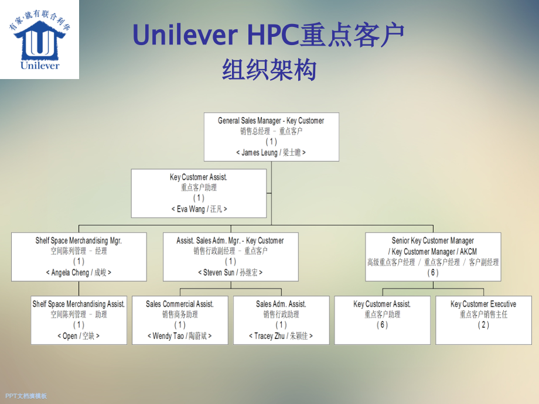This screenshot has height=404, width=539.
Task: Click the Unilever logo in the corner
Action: click(x=39, y=39)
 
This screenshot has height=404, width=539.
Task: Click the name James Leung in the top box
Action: click(x=260, y=152)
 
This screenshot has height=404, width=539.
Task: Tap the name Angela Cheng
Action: click(x=70, y=272)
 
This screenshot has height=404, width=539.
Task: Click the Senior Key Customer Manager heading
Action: click(x=433, y=241)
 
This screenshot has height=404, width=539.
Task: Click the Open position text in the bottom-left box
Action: click(x=70, y=336)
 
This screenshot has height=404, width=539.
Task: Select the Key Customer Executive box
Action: click(x=483, y=320)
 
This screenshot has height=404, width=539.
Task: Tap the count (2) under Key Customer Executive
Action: click(x=483, y=325)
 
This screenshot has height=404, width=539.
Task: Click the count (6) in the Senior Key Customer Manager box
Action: click(x=433, y=273)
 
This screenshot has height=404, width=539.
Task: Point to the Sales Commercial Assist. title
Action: click(x=180, y=304)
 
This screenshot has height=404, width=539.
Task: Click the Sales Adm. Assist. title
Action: click(x=281, y=304)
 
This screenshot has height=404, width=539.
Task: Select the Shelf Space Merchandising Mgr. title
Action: click(x=79, y=241)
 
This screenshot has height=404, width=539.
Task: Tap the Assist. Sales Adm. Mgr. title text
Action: click(x=230, y=241)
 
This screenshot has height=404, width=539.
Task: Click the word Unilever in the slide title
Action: click(x=185, y=36)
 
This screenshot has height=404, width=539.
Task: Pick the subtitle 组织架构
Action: click(x=269, y=70)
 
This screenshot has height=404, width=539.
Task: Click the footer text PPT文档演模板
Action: click(x=26, y=396)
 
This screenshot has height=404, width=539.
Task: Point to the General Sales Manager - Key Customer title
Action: click(x=271, y=121)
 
